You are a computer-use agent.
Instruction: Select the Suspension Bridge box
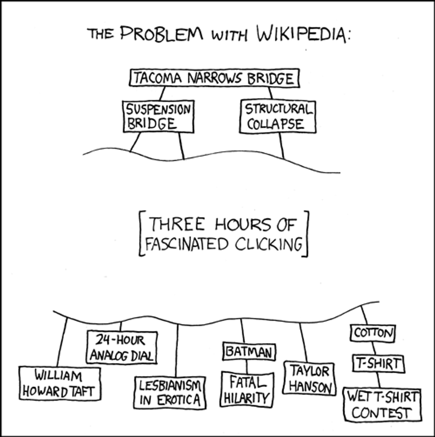click(x=158, y=116)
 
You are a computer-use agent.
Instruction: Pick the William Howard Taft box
click(x=59, y=384)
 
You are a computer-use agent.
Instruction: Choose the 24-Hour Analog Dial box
click(x=122, y=347)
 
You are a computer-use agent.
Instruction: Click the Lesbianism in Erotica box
click(x=171, y=392)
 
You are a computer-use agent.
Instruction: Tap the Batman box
click(x=249, y=352)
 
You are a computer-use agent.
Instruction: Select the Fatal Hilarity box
click(x=247, y=390)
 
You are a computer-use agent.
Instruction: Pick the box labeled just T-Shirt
click(x=378, y=364)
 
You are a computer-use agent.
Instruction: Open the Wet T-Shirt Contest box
click(x=382, y=404)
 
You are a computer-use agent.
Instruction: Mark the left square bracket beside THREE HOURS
click(x=142, y=234)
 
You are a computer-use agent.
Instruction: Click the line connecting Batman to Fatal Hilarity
click(x=247, y=366)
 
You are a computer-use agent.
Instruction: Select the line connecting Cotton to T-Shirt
click(x=374, y=348)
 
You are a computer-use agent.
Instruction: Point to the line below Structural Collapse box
click(x=281, y=145)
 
